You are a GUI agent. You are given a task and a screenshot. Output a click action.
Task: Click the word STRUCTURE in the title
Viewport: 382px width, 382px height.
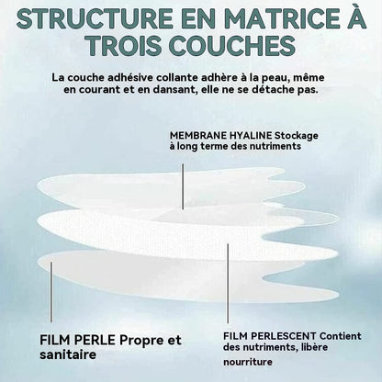point(95,18)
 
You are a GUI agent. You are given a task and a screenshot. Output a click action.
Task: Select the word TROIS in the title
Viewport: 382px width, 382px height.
point(123,46)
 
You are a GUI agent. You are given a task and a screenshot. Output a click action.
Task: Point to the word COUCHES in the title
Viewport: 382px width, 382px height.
point(232,46)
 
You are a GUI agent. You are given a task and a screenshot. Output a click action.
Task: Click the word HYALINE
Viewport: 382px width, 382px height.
point(251,135)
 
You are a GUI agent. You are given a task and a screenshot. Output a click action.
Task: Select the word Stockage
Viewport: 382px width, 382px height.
point(297,136)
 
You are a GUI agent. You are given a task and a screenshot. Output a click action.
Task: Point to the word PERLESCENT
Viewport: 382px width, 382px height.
point(286,336)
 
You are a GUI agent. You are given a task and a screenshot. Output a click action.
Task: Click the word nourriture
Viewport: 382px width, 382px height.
point(248,362)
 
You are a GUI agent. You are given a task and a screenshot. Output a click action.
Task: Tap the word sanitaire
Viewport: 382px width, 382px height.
point(68,354)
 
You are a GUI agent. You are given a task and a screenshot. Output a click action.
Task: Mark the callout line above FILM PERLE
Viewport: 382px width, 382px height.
point(51,292)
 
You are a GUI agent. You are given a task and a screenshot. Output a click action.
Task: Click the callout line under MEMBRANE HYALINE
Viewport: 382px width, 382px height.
point(183,186)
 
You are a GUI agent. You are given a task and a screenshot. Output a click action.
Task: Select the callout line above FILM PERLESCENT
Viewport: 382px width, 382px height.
point(228,284)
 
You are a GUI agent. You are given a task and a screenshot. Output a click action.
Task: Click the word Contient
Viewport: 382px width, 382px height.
point(341,336)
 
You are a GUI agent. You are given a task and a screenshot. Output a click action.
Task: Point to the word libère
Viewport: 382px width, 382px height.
point(314,347)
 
